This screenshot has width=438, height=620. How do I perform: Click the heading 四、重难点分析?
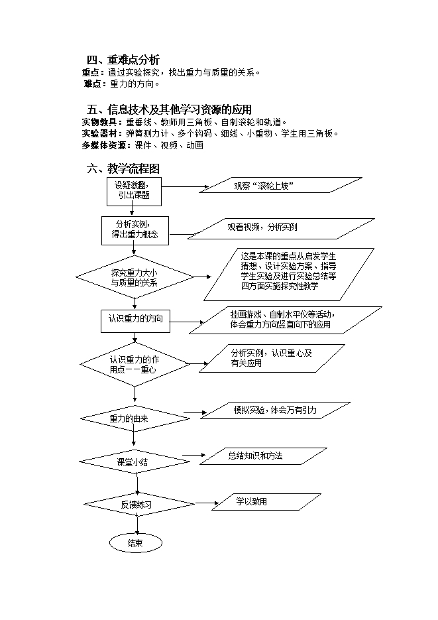(123, 60)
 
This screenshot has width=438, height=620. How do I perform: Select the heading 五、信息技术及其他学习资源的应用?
(169, 109)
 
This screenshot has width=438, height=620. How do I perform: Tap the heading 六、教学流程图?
(123, 169)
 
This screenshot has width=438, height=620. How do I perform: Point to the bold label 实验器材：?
(102, 134)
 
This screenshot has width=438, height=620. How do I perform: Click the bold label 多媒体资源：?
(106, 145)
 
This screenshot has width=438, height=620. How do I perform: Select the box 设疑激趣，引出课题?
(134, 192)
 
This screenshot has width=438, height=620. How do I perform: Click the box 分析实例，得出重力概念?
(135, 231)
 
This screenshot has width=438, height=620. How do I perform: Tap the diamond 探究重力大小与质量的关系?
(135, 277)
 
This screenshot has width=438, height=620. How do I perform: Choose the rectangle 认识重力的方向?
(135, 321)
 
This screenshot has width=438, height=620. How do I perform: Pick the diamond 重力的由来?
(135, 418)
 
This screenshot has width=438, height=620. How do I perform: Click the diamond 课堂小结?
(135, 462)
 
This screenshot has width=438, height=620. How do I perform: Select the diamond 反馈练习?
(139, 504)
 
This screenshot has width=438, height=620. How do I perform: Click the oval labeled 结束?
(135, 543)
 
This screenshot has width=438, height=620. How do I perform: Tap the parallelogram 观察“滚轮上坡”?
(280, 185)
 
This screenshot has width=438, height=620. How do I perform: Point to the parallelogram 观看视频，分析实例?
(281, 229)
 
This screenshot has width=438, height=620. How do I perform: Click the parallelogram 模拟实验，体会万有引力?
(276, 410)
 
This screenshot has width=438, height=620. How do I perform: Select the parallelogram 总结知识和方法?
(264, 456)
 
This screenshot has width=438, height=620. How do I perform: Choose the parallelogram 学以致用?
(266, 502)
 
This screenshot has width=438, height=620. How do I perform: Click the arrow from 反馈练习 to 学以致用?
(207, 503)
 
